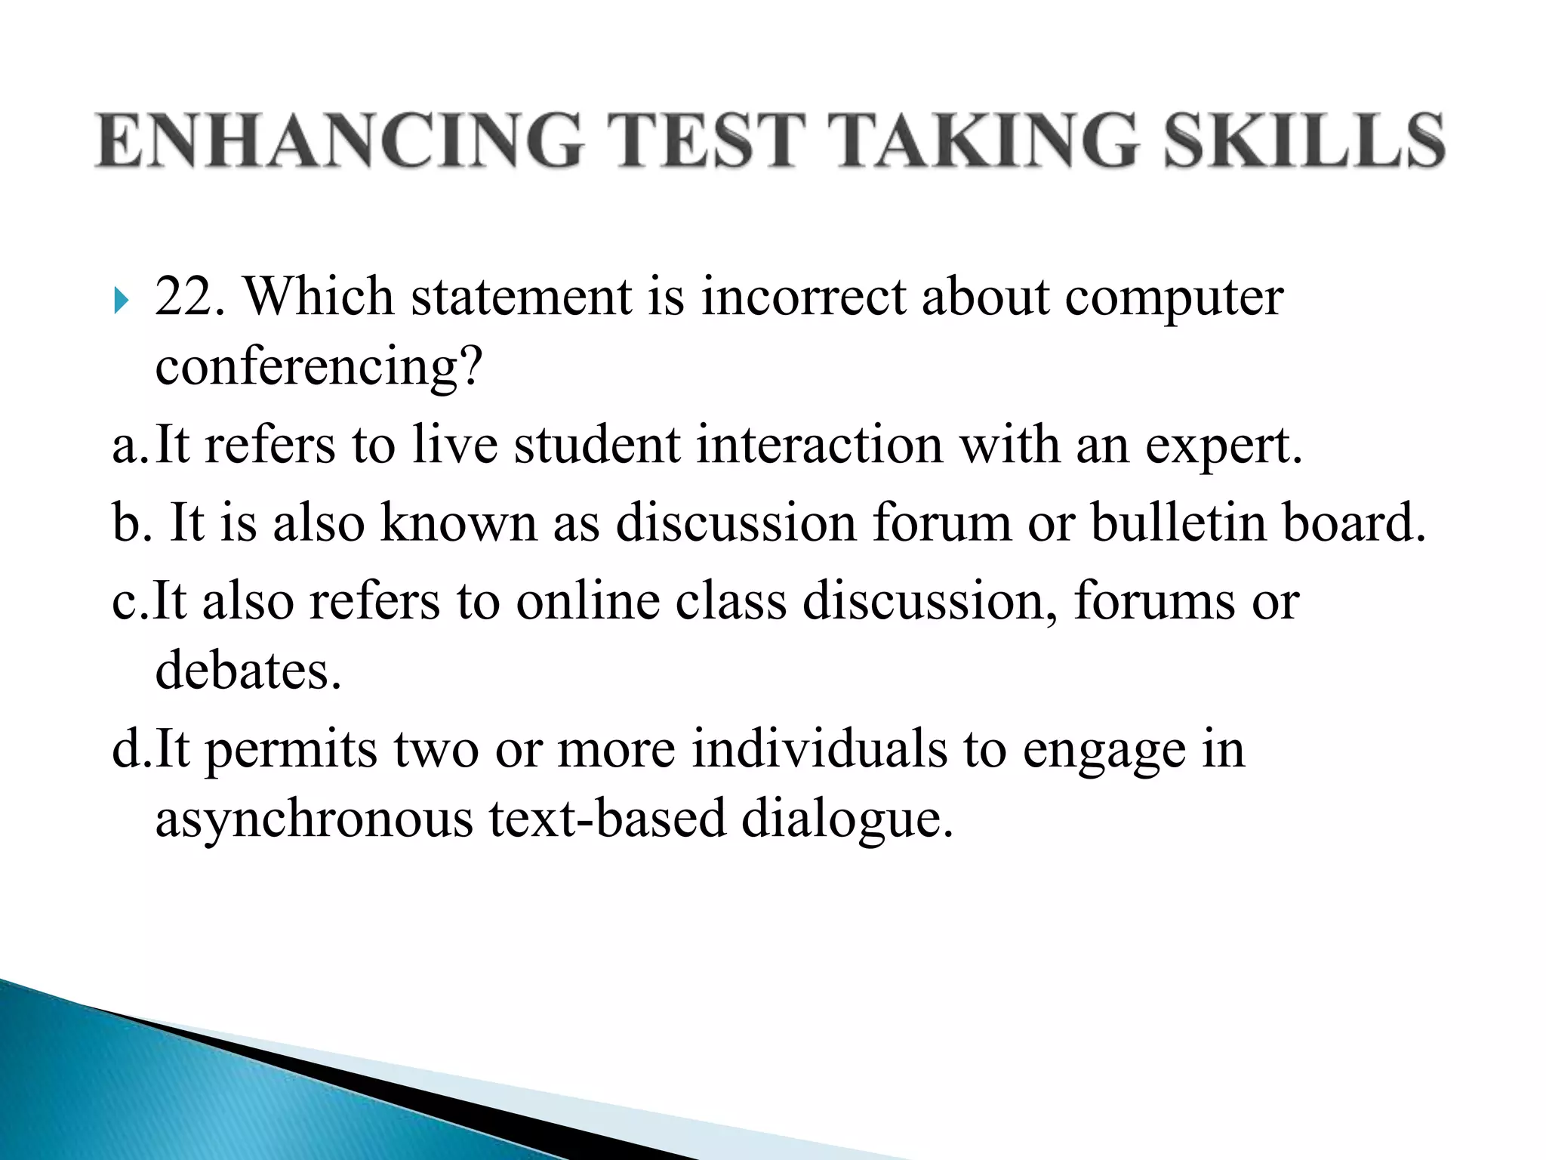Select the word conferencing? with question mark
pos(318,368)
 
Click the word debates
pos(248,671)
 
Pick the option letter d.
pos(127,749)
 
